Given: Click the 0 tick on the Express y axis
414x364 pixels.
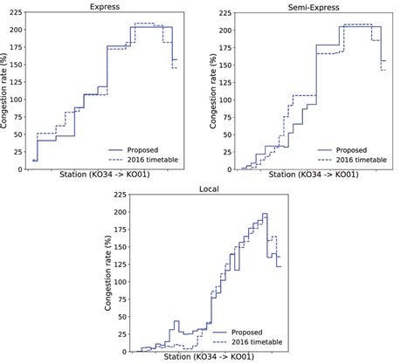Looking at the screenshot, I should pos(23,169).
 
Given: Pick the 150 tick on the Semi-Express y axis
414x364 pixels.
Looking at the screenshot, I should pos(222,65).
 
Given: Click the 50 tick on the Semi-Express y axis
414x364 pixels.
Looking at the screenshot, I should pos(224,134).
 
